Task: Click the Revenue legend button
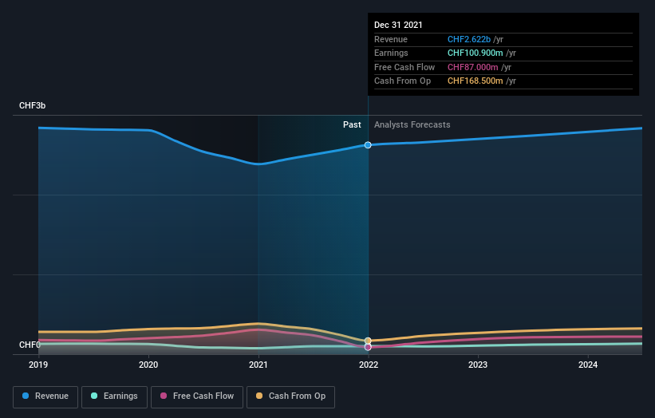pos(45,396)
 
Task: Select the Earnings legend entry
pos(113,396)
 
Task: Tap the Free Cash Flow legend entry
pos(196,396)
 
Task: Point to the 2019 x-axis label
pos(38,365)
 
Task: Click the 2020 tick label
pos(148,365)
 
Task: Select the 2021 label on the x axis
pos(258,365)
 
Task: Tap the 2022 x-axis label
pos(369,365)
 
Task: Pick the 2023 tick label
pos(478,365)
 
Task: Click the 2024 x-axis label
pos(588,365)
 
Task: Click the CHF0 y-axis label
pos(29,345)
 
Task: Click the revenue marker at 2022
pos(368,145)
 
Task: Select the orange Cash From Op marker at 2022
pos(368,341)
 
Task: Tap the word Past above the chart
pos(352,125)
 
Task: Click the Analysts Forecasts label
pos(412,125)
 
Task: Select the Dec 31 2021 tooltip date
pos(398,25)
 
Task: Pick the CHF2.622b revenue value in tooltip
pos(469,40)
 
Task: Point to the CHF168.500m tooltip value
pos(474,81)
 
